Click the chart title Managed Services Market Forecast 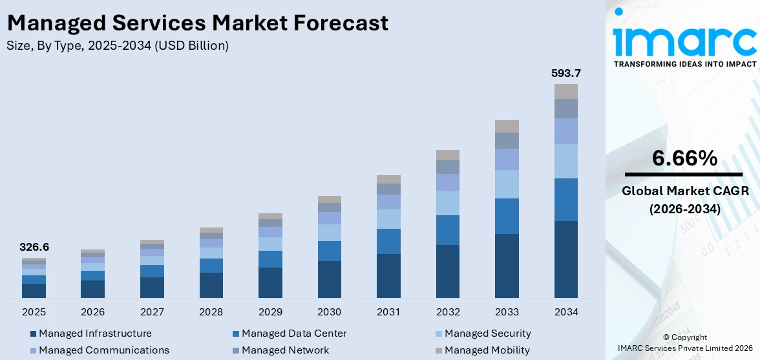pyautogui.click(x=198, y=23)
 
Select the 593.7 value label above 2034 pyautogui.click(x=565, y=73)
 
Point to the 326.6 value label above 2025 pyautogui.click(x=34, y=247)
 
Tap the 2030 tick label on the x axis pyautogui.click(x=330, y=312)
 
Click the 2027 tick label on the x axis pyautogui.click(x=152, y=312)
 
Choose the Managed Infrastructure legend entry pyautogui.click(x=94, y=334)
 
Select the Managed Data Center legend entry pyautogui.click(x=293, y=334)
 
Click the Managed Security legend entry pyautogui.click(x=487, y=334)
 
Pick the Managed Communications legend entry pyautogui.click(x=103, y=350)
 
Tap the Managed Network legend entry pyautogui.click(x=285, y=350)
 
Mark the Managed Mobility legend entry pyautogui.click(x=487, y=350)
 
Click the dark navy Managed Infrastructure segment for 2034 pyautogui.click(x=565, y=259)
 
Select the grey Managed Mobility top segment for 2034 pyautogui.click(x=565, y=91)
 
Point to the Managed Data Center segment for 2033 pyautogui.click(x=507, y=216)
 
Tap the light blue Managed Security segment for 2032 pyautogui.click(x=447, y=203)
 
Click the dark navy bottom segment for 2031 pyautogui.click(x=388, y=276)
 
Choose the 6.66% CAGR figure pyautogui.click(x=684, y=158)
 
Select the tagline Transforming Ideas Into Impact pyautogui.click(x=684, y=64)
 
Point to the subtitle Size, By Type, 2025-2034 pyautogui.click(x=118, y=45)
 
